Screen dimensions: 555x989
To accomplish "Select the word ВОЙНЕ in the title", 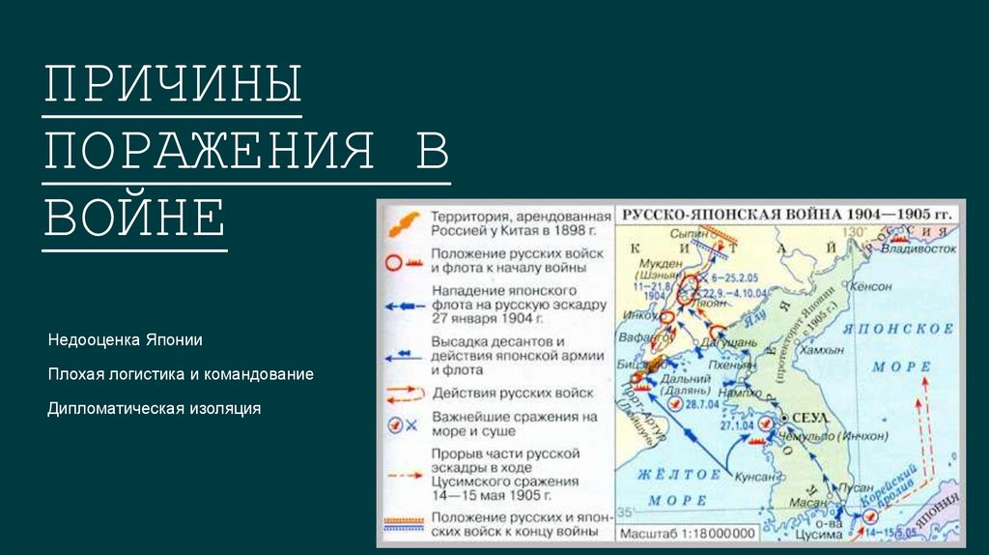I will [x=134, y=217].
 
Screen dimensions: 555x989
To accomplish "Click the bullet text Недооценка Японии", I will [x=126, y=340].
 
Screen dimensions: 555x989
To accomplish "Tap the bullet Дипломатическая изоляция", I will [x=155, y=408].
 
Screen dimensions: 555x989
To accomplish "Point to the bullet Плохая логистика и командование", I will [x=181, y=374].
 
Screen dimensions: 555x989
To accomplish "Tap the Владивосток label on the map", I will [x=918, y=248].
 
